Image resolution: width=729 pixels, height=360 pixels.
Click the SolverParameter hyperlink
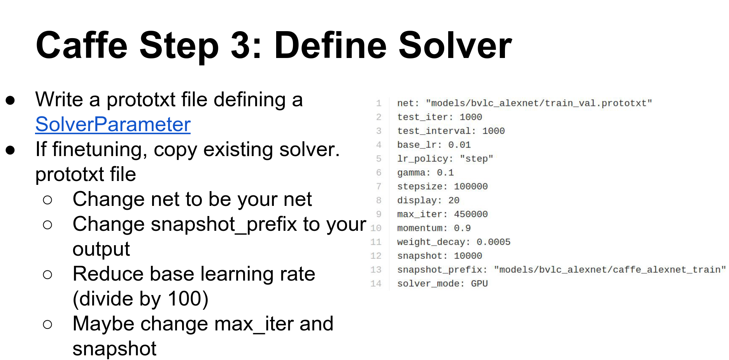coord(113,125)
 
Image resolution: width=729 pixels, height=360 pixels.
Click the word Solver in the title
coord(455,46)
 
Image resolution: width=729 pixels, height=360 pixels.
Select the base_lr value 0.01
coord(459,145)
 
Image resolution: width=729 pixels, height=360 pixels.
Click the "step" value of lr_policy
coord(477,159)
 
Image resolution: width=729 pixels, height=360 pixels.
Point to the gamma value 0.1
coord(445,172)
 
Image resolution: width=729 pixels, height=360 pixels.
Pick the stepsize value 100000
coord(471,186)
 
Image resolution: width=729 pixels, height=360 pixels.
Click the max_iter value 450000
coord(471,214)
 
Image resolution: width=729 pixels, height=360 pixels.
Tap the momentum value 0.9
coord(462,228)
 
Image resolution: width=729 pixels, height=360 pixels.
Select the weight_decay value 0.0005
coord(493,242)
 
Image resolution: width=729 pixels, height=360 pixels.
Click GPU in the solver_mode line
coord(479,284)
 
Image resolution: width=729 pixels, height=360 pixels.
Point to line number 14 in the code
coord(376,284)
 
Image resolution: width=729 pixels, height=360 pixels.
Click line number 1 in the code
coord(379,103)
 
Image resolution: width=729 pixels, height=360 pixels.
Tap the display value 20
coord(454,200)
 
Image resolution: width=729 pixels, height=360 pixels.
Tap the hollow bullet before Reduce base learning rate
coord(47,275)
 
